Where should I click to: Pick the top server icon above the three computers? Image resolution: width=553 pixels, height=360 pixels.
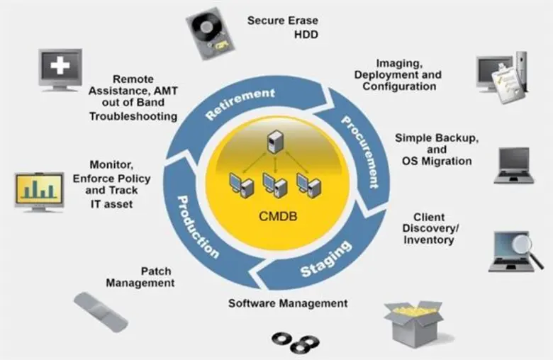tap(274, 141)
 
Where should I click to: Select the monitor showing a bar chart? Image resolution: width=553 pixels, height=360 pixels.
tap(40, 189)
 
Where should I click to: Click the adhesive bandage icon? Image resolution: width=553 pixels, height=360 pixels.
tap(100, 312)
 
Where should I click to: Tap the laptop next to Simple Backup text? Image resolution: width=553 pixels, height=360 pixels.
tap(514, 165)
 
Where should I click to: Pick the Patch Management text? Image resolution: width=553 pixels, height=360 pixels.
tap(140, 277)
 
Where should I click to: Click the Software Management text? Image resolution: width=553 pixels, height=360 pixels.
tap(288, 303)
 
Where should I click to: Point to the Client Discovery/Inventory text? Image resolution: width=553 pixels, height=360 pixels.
tap(430, 228)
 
